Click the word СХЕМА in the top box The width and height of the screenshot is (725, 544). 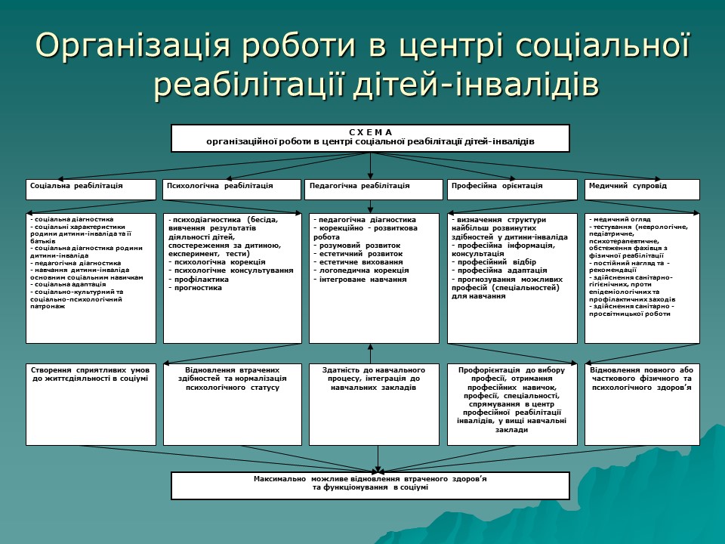tap(370, 132)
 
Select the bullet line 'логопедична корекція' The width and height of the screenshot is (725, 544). tap(362, 270)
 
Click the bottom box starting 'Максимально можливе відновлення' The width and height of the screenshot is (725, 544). tap(370, 484)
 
